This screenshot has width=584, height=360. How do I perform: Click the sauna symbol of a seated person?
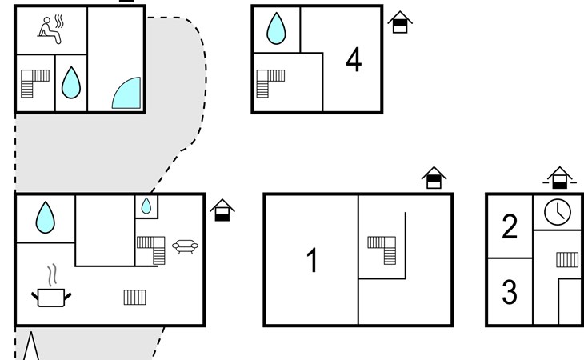[50, 29]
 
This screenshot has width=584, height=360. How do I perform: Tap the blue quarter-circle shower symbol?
[126, 93]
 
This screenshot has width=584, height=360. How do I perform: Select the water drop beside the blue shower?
[72, 82]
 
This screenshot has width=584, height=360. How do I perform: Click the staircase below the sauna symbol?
[34, 82]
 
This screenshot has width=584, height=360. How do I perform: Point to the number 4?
[354, 60]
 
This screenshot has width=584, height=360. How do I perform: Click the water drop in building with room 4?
[276, 29]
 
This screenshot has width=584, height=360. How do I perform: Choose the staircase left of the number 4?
[270, 82]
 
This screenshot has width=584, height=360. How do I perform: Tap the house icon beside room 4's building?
[400, 22]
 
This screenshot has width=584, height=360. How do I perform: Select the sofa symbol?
[186, 246]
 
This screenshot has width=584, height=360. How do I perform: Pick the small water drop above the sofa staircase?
[146, 206]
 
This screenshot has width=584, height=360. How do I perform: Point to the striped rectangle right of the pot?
[135, 297]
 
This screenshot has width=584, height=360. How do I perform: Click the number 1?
[313, 261]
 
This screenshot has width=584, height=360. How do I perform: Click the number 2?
[510, 227]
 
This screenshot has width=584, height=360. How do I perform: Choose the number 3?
[510, 293]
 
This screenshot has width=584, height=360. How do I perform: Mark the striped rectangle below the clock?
[567, 259]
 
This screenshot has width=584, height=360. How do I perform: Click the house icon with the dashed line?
[560, 178]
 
